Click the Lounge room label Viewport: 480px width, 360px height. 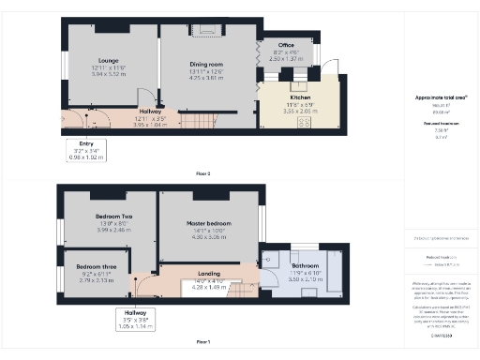(109, 61)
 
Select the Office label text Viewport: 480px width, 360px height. (285, 45)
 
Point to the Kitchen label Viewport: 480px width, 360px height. (300, 97)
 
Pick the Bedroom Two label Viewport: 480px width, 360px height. (113, 217)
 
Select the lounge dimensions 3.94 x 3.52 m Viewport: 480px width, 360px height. (109, 73)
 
